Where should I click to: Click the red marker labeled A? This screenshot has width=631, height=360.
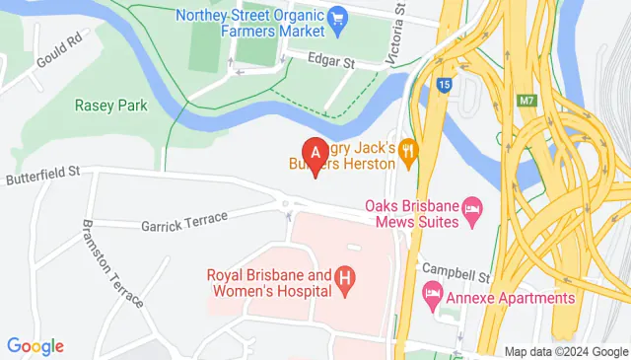(x=315, y=155)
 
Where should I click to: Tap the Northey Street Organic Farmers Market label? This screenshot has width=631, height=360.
(x=251, y=25)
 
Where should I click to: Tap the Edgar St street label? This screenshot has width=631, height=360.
(x=332, y=60)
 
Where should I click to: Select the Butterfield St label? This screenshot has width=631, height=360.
(x=41, y=175)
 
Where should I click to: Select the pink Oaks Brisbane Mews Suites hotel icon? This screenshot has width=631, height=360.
(x=474, y=206)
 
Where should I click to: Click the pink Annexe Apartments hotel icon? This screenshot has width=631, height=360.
(x=432, y=292)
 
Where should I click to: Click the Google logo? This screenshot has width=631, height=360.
(x=35, y=346)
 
